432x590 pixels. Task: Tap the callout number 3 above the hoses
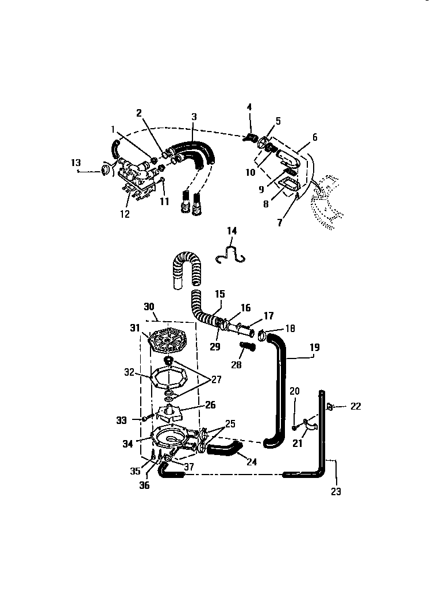click(194, 117)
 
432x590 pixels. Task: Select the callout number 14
click(232, 231)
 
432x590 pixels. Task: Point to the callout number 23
click(335, 492)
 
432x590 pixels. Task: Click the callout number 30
click(149, 306)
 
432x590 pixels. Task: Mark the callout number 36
click(144, 485)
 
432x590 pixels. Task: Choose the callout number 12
click(125, 214)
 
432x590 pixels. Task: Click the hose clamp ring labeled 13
click(106, 169)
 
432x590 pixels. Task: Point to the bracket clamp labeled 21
click(311, 425)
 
